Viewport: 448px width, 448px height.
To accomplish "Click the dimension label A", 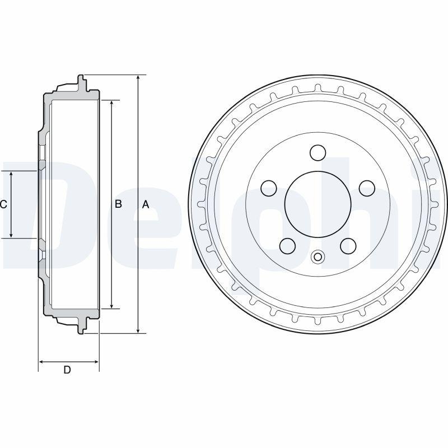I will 146,204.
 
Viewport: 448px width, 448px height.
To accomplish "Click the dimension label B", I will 118,204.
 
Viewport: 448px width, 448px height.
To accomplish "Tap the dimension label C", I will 3,204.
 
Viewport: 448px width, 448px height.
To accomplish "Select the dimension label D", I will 67,370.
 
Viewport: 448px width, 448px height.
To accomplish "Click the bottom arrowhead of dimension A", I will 138,330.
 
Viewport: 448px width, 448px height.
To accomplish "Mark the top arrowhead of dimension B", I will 112,104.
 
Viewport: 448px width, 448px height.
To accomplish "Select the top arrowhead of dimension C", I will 11,174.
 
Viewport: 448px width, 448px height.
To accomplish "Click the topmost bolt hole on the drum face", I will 318,152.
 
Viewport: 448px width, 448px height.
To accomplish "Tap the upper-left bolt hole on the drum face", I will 269,188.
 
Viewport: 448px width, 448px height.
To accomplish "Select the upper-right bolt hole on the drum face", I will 367,188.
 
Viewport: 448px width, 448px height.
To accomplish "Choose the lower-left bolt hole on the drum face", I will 288,245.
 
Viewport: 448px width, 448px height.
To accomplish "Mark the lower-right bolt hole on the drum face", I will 348,245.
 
